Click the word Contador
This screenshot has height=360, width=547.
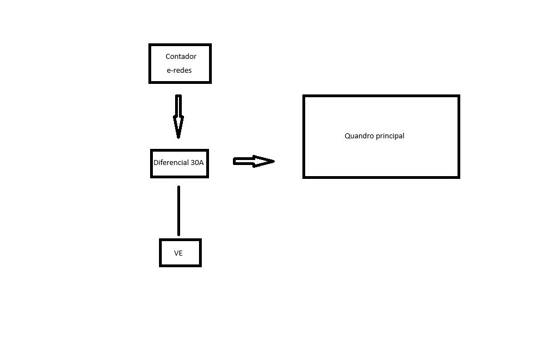[x=181, y=57]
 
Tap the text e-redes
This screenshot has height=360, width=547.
[x=179, y=71]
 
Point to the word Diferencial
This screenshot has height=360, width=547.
[x=171, y=163]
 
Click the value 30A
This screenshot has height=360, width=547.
[x=197, y=163]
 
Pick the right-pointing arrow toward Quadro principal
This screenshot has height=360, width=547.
[x=253, y=161]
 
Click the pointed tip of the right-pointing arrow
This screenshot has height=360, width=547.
[x=273, y=161]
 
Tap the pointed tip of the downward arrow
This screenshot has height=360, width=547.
[x=178, y=137]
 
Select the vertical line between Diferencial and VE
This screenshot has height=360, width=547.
[x=178, y=211]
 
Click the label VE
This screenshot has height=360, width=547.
[x=178, y=253]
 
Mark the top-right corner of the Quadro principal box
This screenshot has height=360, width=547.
[x=459, y=96]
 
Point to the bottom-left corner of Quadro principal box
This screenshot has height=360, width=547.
[x=304, y=177]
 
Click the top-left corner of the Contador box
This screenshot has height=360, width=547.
[x=150, y=45]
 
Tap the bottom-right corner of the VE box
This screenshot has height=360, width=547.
[x=200, y=266]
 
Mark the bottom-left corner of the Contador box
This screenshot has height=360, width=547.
[x=150, y=82]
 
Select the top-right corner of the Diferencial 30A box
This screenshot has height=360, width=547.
[x=207, y=151]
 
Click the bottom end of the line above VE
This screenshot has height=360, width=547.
[x=178, y=235]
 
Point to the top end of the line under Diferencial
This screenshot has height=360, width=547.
[x=178, y=187]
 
